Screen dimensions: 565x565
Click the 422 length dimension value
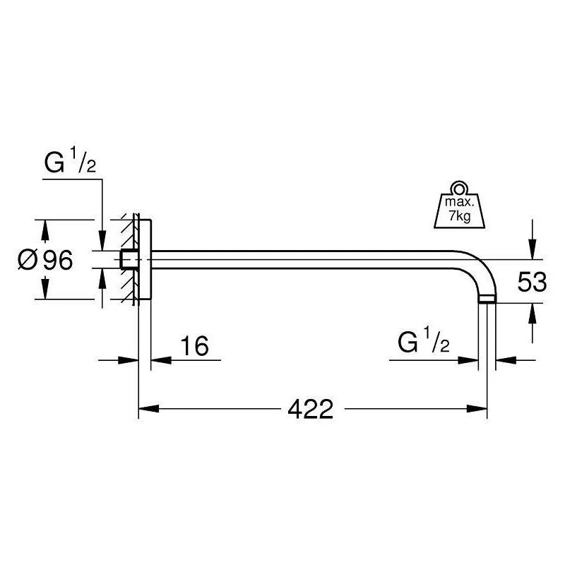(x=311, y=409)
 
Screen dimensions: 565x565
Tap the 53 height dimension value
(x=532, y=282)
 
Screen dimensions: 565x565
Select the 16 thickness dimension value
(x=195, y=346)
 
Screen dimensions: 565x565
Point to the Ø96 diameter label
(x=45, y=260)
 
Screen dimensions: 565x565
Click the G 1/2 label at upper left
(x=70, y=160)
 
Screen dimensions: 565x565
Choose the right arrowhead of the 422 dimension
(x=477, y=409)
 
